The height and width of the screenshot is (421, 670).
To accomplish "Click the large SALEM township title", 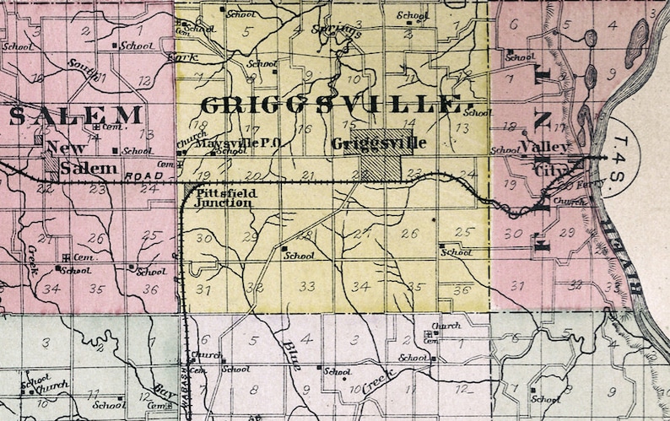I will [76, 116].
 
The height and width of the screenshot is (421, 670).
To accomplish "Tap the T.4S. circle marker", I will [622, 152].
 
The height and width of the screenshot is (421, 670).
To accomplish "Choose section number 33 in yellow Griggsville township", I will [307, 287].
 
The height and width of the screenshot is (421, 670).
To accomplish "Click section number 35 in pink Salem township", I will [99, 289].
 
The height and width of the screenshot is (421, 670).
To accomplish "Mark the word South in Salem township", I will [83, 66].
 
